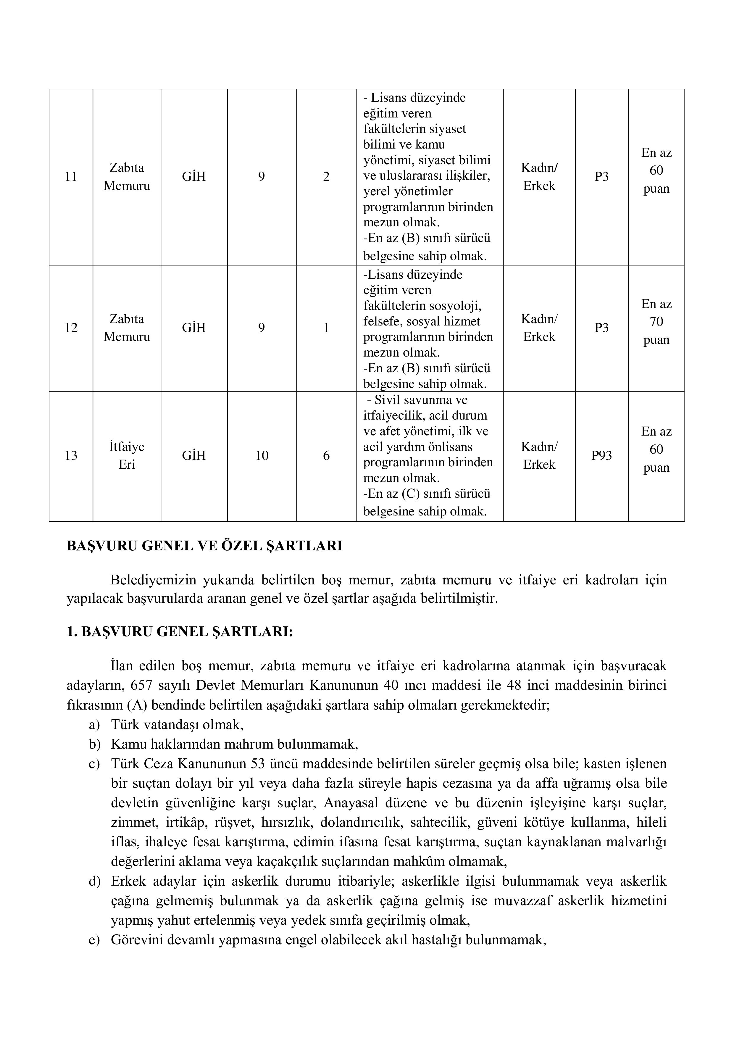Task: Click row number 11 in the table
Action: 71,177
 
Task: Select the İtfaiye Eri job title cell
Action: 127,455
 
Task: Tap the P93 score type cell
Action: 601,455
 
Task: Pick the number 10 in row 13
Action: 262,455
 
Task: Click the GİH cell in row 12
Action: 193,328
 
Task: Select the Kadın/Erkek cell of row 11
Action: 539,177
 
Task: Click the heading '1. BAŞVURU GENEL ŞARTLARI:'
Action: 180,631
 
